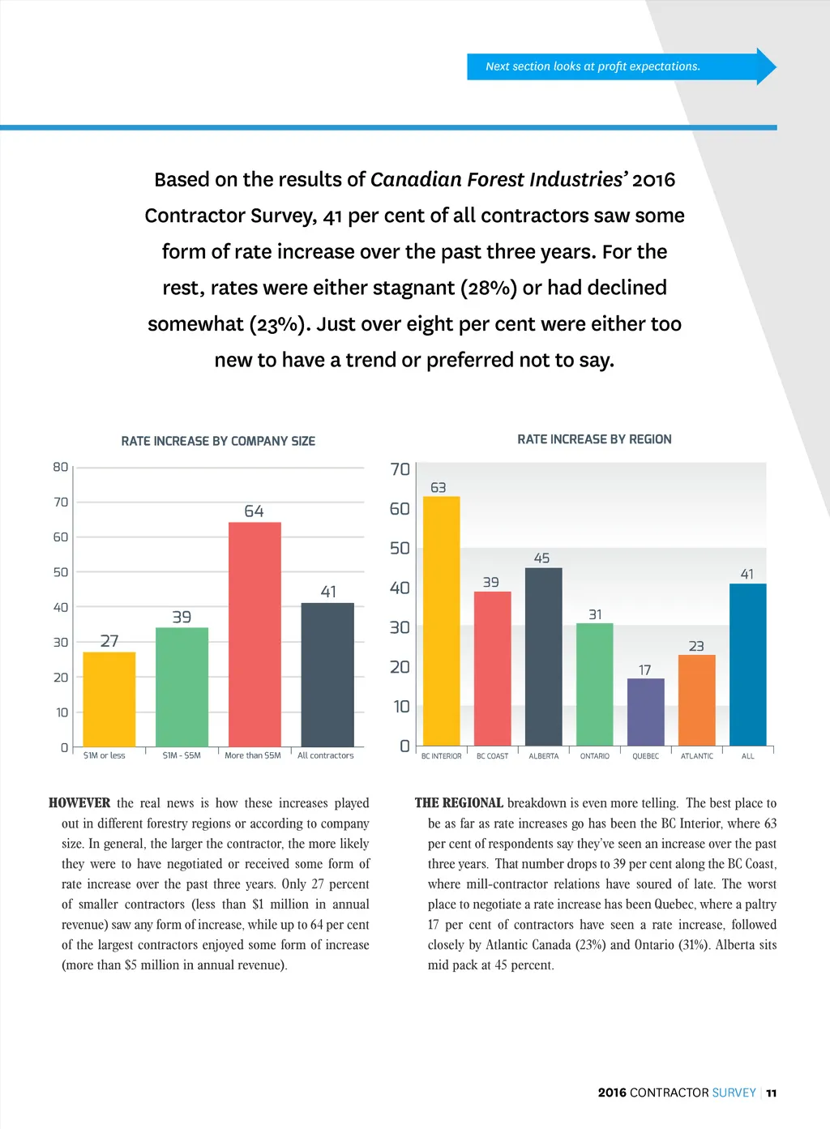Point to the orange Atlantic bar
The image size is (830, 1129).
pyautogui.click(x=697, y=700)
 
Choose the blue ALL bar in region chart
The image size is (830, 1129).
pyautogui.click(x=747, y=665)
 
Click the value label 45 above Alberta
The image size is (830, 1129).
pyautogui.click(x=542, y=558)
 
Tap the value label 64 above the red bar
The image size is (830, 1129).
pyautogui.click(x=254, y=511)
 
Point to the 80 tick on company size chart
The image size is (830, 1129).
pyautogui.click(x=61, y=467)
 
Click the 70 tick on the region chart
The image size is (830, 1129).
pyautogui.click(x=400, y=469)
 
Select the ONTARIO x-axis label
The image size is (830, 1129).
pyautogui.click(x=595, y=756)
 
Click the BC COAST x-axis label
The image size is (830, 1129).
pyautogui.click(x=493, y=756)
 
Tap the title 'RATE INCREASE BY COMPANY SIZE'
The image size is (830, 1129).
pyautogui.click(x=218, y=441)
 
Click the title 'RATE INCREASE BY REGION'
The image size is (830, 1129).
pyautogui.click(x=594, y=439)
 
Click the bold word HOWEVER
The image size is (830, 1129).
pyautogui.click(x=79, y=803)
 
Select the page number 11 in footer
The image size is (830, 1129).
pyautogui.click(x=772, y=1093)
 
